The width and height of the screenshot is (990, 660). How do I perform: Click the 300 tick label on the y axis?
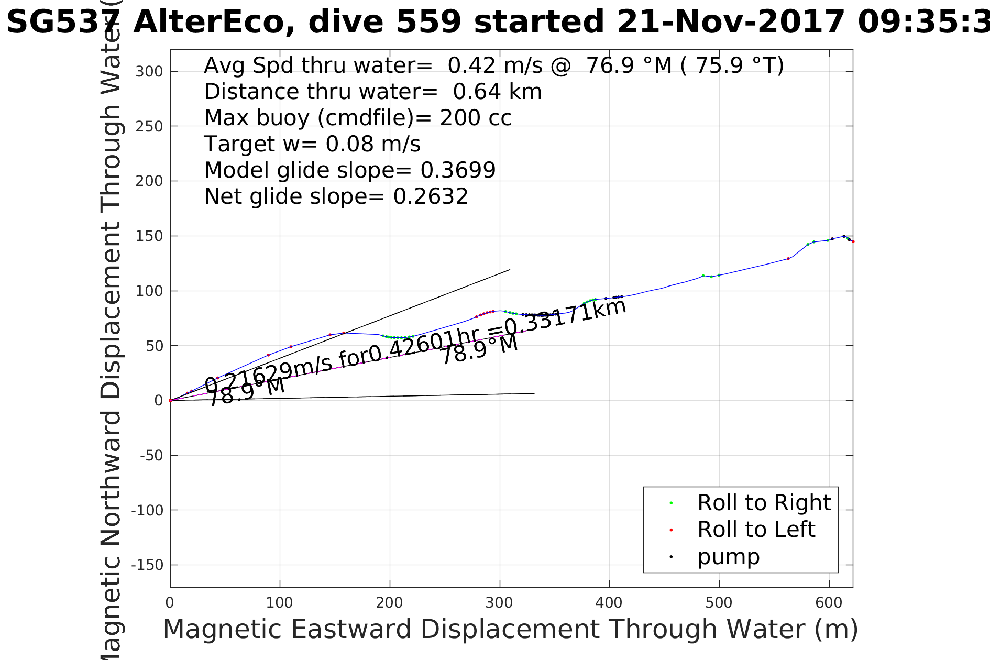click(149, 72)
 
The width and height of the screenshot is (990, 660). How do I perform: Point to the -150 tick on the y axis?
click(147, 565)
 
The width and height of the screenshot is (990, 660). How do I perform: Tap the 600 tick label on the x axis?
click(829, 603)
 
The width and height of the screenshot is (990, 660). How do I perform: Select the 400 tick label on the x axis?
click(609, 603)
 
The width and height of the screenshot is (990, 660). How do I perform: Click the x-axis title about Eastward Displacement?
click(510, 629)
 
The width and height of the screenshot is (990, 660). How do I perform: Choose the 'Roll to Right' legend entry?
click(764, 503)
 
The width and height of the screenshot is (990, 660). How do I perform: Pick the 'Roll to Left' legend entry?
click(756, 530)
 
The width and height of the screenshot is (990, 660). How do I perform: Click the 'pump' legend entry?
click(728, 557)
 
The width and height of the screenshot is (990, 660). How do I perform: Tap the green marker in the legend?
click(671, 503)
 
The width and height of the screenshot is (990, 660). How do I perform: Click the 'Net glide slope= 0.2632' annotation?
click(336, 196)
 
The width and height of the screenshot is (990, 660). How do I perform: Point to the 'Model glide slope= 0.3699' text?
click(349, 170)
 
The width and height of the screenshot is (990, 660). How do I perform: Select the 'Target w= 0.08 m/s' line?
click(312, 144)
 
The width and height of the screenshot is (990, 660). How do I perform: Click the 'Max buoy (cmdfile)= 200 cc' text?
click(357, 118)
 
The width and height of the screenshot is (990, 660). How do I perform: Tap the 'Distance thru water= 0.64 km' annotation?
click(372, 92)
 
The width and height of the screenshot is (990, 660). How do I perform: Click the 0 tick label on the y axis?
click(158, 401)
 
